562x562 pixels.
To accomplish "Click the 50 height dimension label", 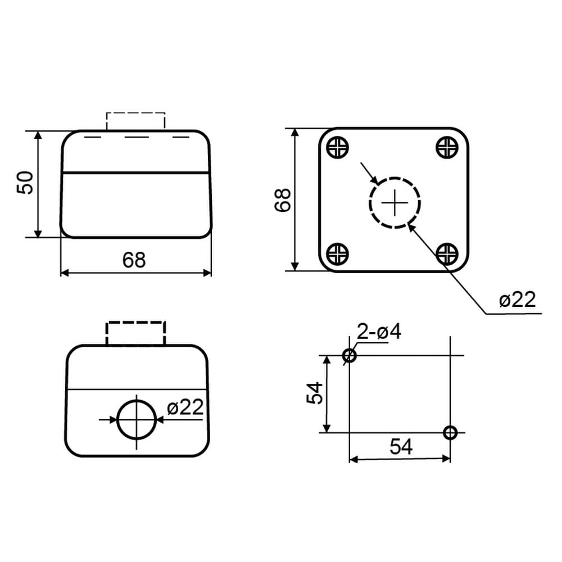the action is tap(25, 183).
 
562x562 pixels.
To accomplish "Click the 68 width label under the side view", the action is tap(134, 260).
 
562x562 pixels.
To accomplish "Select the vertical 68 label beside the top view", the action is tap(283, 200).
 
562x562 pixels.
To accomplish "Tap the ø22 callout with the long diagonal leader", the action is tap(517, 300).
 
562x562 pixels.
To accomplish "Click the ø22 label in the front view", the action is tap(185, 407).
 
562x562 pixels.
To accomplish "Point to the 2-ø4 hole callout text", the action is tap(379, 332).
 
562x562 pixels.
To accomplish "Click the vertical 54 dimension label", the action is tap(315, 393).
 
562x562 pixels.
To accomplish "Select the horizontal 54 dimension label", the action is tap(401, 447).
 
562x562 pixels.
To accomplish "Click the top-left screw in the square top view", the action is tap(338, 147).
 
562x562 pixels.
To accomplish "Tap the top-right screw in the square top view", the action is tap(447, 147).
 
